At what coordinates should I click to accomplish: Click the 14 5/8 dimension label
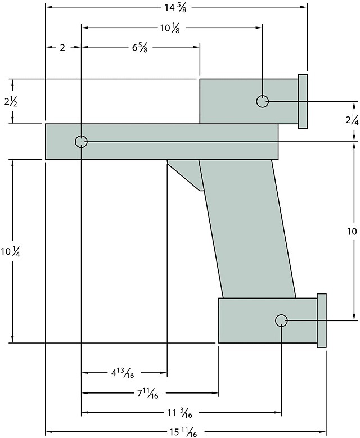(x=175, y=7)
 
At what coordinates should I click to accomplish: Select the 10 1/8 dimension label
(x=170, y=29)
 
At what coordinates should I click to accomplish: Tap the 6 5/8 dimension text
(x=140, y=48)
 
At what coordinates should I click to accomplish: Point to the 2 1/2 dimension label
(x=11, y=102)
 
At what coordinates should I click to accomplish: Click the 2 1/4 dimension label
(x=351, y=120)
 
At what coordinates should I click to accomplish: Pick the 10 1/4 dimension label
(x=10, y=252)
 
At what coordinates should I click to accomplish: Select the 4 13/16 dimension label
(x=123, y=373)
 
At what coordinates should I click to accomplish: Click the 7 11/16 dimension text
(x=147, y=394)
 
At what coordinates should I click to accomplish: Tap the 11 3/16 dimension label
(x=180, y=413)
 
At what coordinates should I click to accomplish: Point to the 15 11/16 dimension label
(x=183, y=432)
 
